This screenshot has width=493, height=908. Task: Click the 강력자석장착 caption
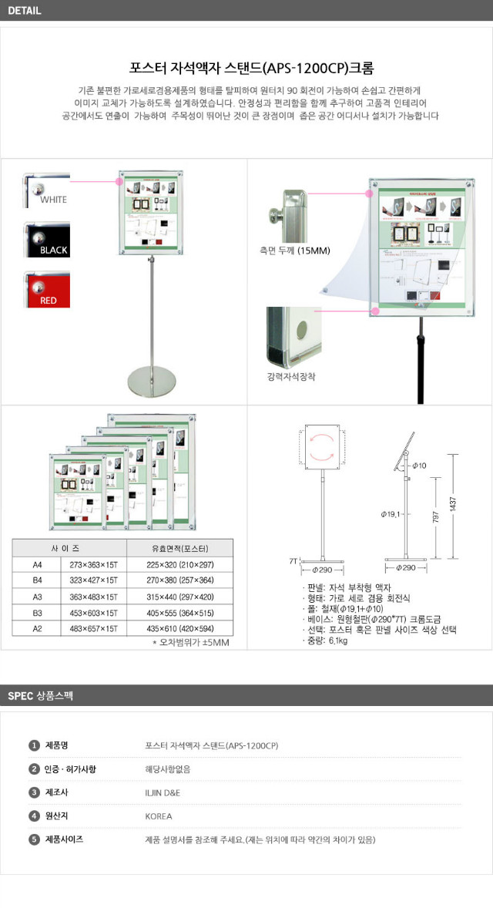click(x=290, y=377)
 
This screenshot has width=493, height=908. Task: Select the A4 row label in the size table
click(x=36, y=564)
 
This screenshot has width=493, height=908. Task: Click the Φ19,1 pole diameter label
click(x=391, y=513)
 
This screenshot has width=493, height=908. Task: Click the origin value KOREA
click(x=159, y=816)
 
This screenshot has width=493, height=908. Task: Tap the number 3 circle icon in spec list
click(x=34, y=792)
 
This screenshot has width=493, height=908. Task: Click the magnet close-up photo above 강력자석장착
click(x=294, y=337)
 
